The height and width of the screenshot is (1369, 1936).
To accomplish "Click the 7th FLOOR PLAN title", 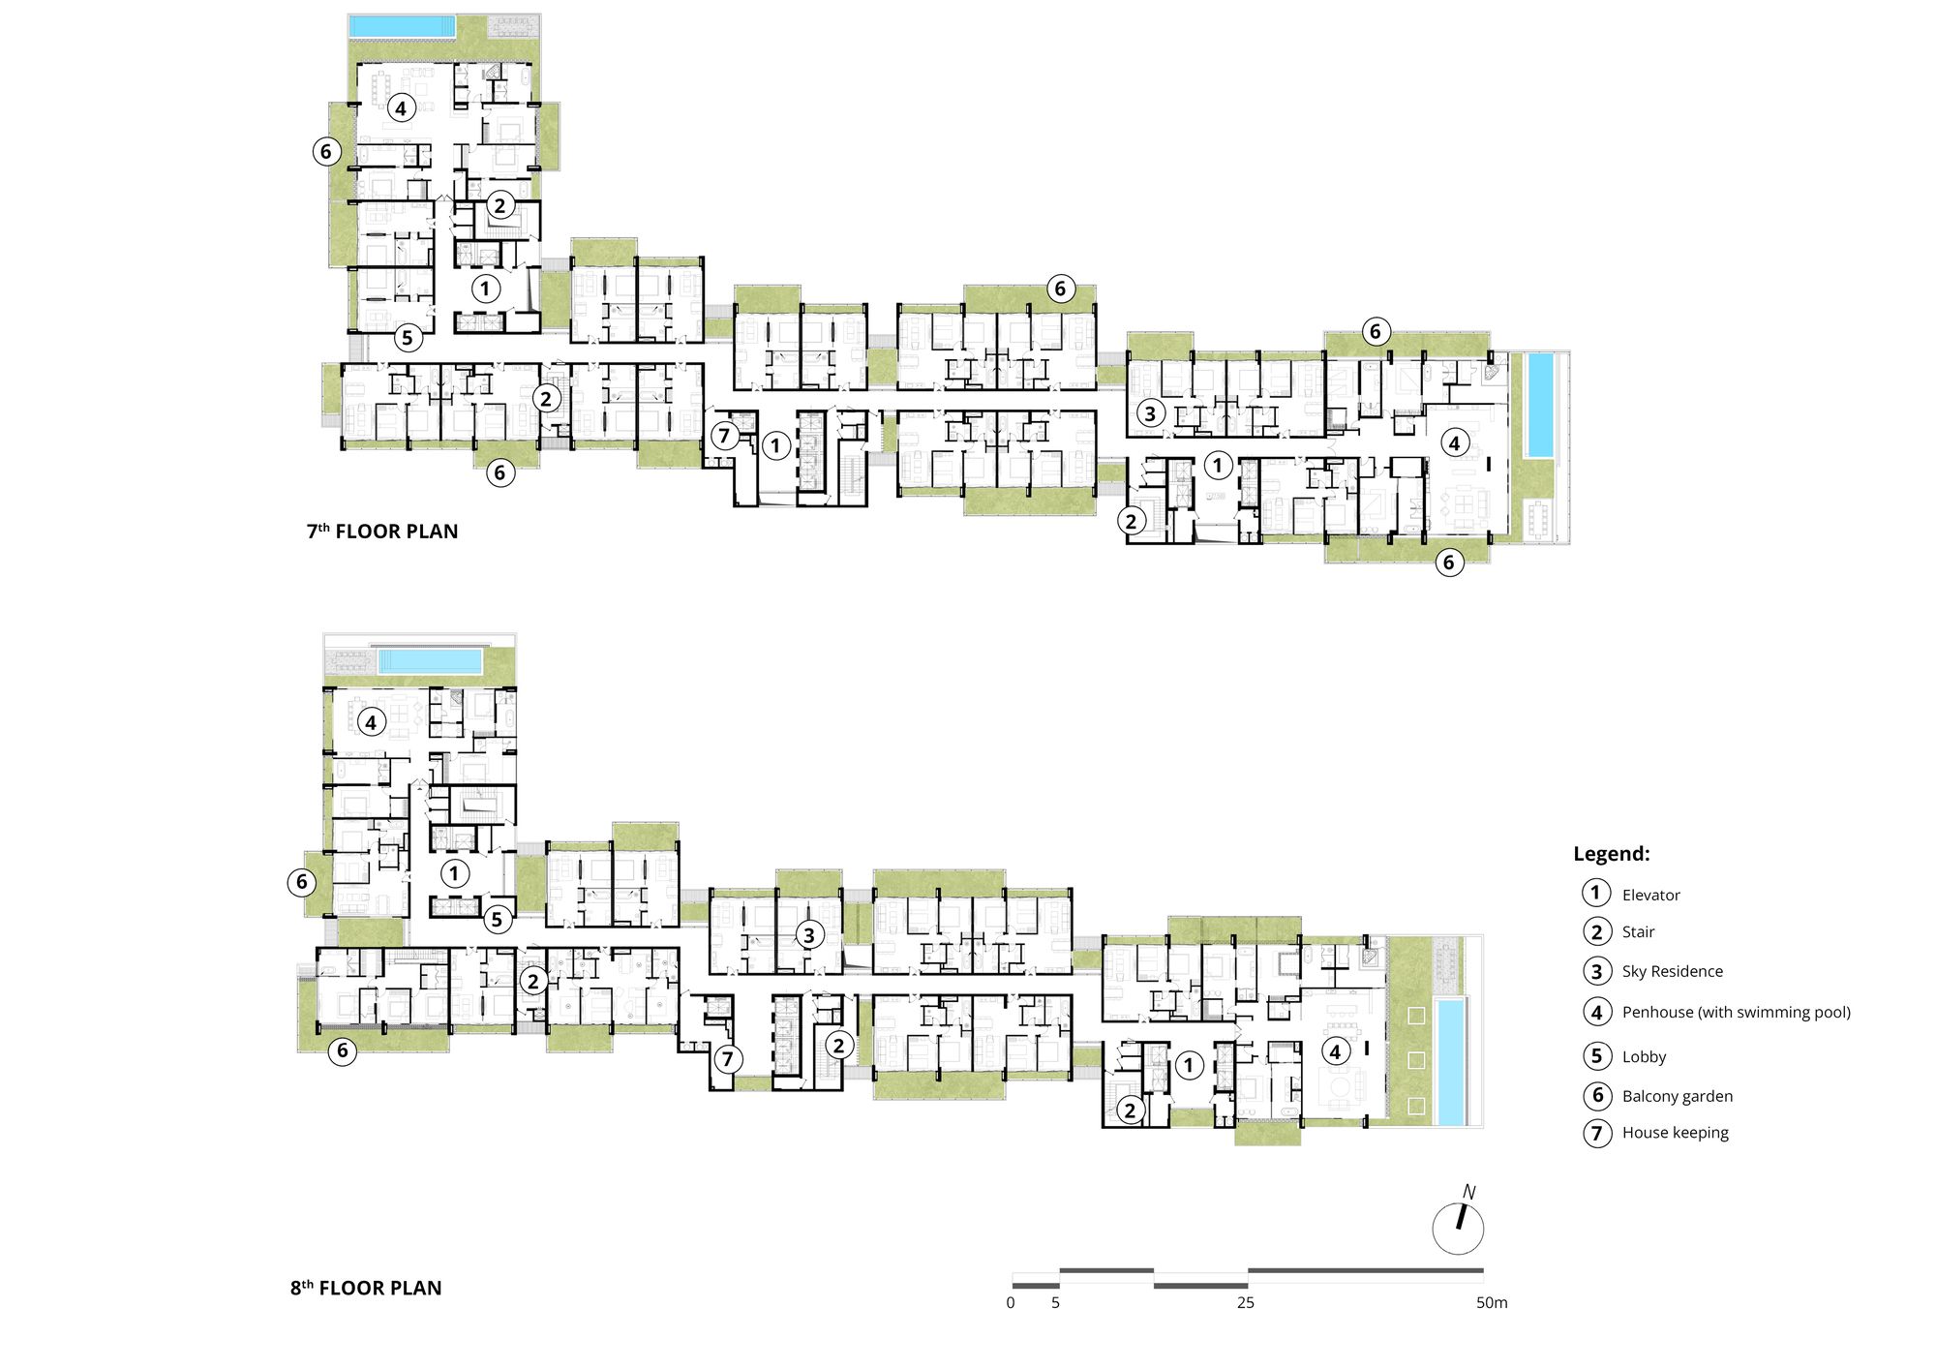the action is tap(382, 532).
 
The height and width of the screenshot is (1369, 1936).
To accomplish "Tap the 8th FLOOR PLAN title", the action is tap(366, 1289).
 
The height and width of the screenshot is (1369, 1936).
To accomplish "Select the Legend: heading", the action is tap(1611, 854).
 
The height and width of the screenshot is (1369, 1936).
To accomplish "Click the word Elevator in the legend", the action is tap(1650, 896).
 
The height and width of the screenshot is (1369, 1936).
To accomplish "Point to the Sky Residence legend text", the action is tap(1672, 972).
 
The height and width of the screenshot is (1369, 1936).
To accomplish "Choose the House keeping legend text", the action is tap(1675, 1133).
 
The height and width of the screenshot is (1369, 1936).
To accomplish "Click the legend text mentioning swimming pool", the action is tap(1736, 1013).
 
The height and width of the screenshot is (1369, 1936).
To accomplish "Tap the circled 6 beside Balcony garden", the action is tap(1597, 1096).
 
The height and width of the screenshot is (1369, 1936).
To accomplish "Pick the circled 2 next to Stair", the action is tap(1597, 932).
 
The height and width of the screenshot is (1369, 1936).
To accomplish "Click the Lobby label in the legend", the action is tap(1644, 1057).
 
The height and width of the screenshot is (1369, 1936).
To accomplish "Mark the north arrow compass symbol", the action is tap(1458, 1226).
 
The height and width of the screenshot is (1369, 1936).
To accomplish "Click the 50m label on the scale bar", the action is tap(1492, 1303).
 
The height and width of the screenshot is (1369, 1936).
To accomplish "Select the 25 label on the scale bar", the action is tap(1246, 1303).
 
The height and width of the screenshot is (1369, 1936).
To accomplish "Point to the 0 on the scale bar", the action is tap(1011, 1303).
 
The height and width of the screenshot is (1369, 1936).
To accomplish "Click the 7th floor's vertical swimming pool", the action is tap(1540, 406).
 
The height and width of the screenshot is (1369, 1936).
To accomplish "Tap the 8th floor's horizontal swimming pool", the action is tap(431, 661).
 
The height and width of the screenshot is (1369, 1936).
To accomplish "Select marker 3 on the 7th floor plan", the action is tap(1150, 413).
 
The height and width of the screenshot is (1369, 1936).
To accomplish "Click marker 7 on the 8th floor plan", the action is tap(728, 1059).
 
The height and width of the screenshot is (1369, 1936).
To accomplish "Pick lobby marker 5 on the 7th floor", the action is tap(408, 338).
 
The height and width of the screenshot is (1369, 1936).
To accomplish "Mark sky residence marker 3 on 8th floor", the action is tap(809, 935).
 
